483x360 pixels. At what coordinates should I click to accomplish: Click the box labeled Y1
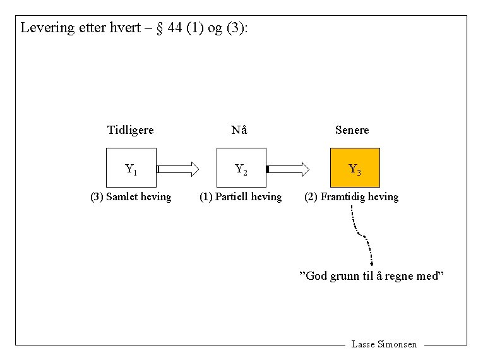click(131, 168)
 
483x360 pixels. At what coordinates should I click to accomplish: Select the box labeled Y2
click(241, 168)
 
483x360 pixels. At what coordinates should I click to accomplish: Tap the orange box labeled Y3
click(355, 168)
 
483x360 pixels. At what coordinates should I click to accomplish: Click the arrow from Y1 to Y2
click(178, 169)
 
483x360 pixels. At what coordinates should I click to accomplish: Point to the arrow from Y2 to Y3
click(288, 169)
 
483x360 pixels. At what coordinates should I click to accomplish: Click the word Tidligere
click(131, 130)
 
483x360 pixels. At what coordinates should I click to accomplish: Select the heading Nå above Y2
click(239, 130)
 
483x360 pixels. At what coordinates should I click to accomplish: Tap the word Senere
click(352, 130)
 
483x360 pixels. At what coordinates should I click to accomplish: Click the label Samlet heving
click(131, 197)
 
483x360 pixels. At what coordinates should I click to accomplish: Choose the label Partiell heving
click(241, 197)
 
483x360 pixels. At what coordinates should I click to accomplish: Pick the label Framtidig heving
click(352, 197)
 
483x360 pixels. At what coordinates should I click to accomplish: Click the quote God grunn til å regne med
click(371, 277)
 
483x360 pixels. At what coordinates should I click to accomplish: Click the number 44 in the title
click(176, 28)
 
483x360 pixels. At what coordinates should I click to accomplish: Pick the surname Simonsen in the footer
click(397, 345)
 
